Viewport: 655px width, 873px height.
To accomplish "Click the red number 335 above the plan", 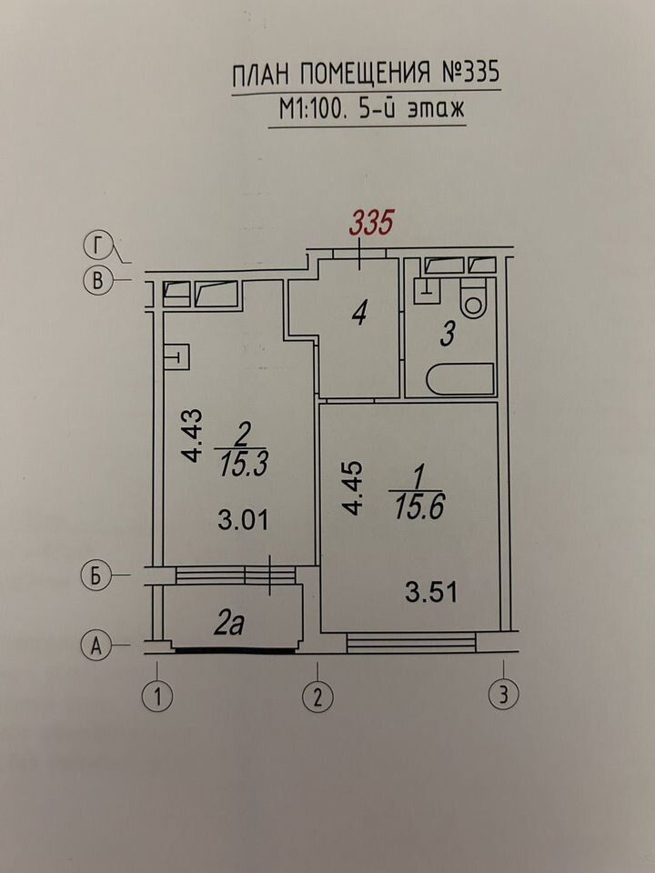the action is tap(371, 223).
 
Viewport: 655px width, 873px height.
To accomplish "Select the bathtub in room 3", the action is tap(460, 378).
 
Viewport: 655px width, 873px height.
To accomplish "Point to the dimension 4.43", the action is tap(193, 436).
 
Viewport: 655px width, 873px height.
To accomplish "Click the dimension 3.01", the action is tap(244, 520).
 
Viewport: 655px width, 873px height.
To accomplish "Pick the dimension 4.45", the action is tap(353, 488).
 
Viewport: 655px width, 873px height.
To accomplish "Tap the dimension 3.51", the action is tap(431, 592).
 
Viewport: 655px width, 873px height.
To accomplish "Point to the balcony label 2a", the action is tap(228, 626).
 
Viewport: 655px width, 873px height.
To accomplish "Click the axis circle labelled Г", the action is tap(98, 246).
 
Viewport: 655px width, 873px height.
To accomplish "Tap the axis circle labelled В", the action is tap(97, 281).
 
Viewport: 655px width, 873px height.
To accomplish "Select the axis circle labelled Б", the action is tap(96, 576).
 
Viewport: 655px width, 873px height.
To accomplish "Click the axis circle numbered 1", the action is tap(157, 697).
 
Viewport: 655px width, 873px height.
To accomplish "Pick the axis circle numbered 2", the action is tap(318, 697).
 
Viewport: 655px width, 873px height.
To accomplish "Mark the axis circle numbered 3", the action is tap(503, 694).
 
